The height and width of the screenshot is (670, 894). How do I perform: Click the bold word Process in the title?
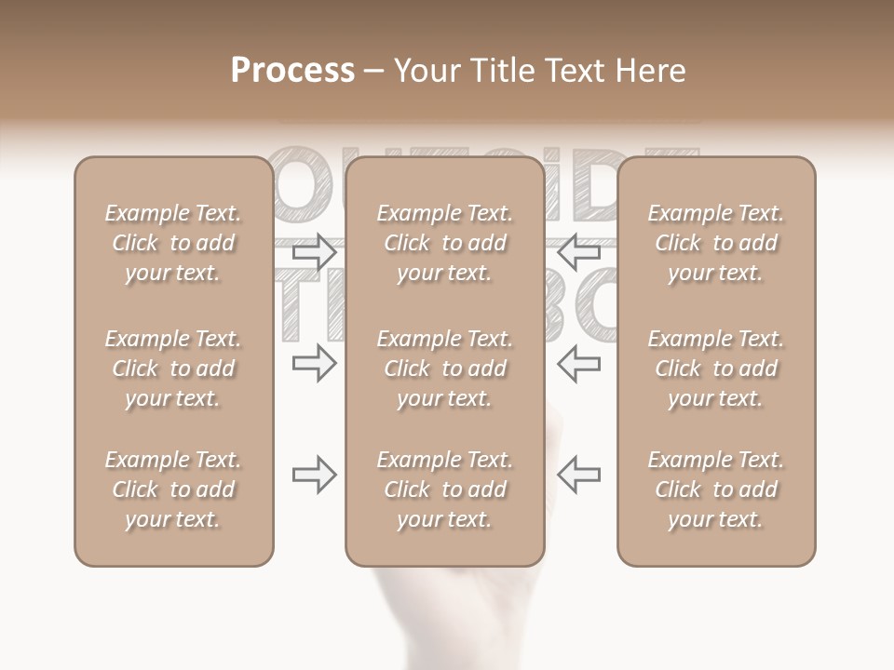[x=292, y=71]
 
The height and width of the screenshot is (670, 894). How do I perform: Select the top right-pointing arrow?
[x=314, y=251]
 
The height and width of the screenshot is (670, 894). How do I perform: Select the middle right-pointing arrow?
[x=314, y=363]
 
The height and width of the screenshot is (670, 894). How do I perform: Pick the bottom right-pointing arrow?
[x=314, y=475]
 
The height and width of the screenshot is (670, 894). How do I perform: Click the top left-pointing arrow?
[x=578, y=251]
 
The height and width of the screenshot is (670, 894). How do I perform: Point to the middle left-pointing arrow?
[x=578, y=363]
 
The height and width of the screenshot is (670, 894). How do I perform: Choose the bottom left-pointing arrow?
[x=578, y=475]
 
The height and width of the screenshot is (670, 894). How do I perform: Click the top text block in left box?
[x=173, y=243]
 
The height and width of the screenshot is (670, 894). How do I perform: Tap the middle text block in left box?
[x=173, y=368]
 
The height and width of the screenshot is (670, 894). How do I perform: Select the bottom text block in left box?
[x=173, y=489]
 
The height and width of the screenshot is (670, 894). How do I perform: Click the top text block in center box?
[x=444, y=243]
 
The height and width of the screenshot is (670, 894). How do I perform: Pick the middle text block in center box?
[x=444, y=368]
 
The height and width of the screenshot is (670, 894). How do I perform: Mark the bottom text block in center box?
[x=444, y=489]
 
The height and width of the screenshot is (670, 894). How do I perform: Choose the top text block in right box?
[x=715, y=243]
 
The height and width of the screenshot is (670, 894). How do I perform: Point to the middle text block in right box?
[x=715, y=368]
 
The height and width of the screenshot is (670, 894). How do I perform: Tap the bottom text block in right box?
[x=715, y=489]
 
